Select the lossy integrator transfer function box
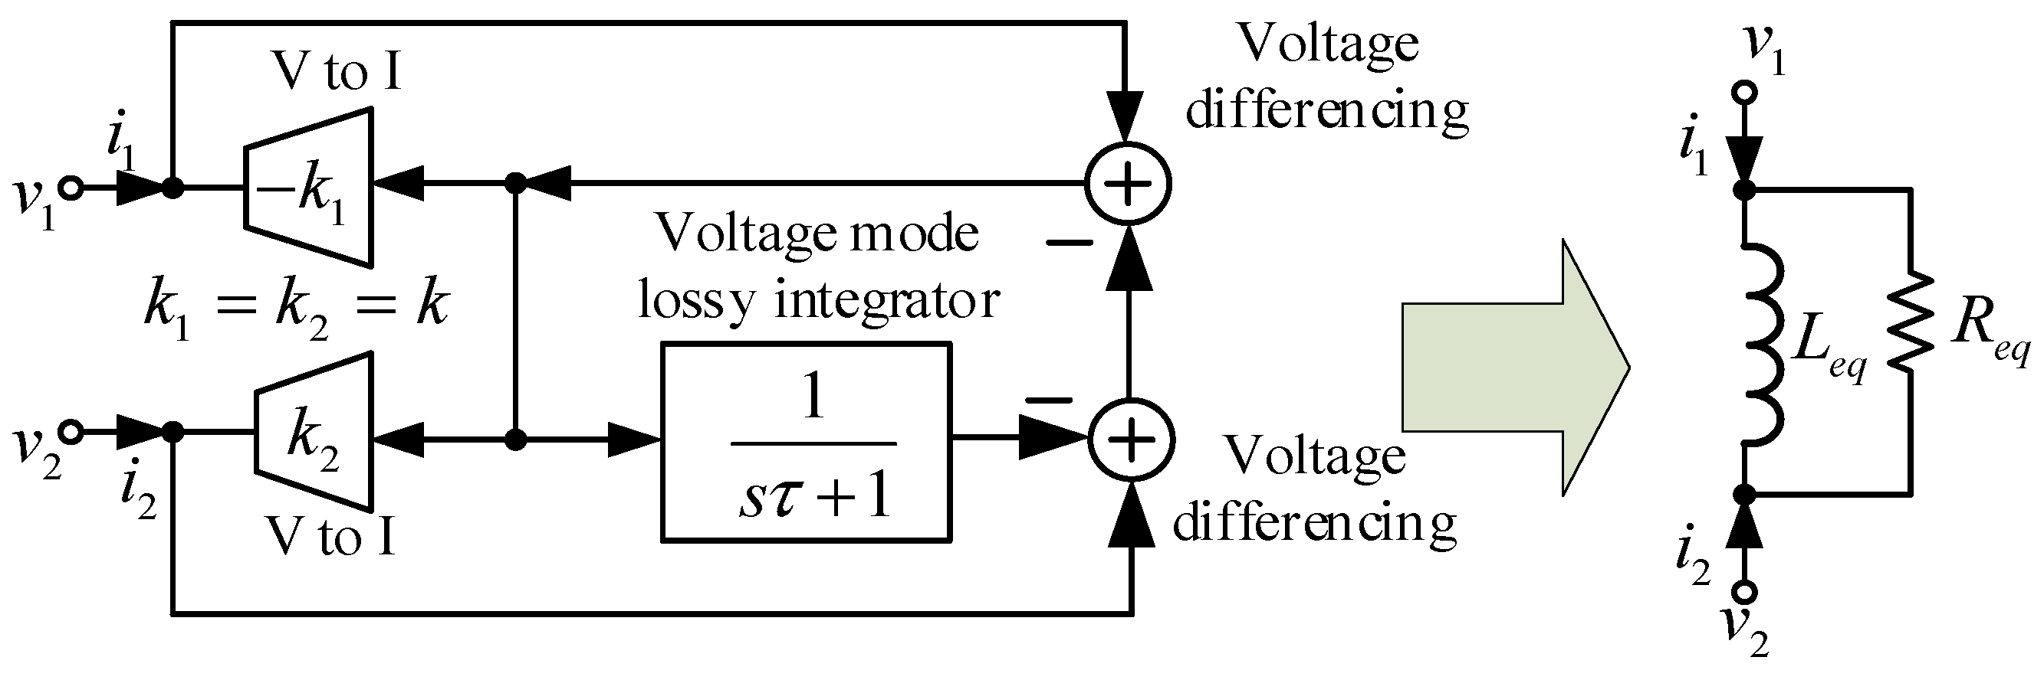coord(806,443)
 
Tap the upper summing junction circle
coord(1128,184)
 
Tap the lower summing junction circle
coord(1131,439)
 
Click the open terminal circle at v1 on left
coord(71,188)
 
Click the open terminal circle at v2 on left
coord(71,432)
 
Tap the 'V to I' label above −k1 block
coord(336,71)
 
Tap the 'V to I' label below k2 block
coord(330,537)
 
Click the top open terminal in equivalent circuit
coord(1744,93)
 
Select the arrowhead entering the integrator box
coord(635,440)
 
